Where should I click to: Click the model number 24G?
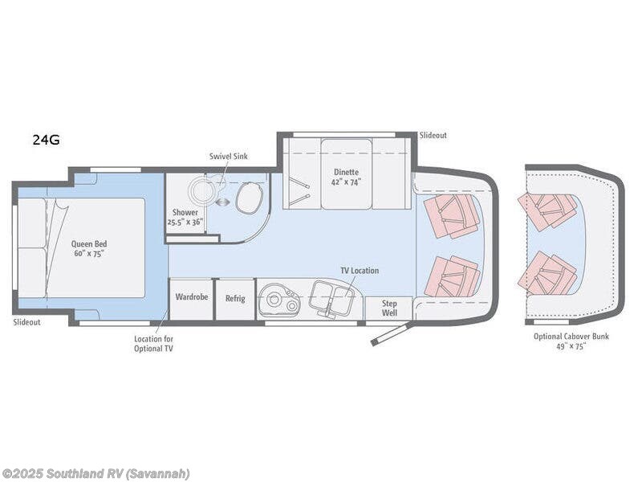coord(46,140)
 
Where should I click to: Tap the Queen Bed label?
coord(89,248)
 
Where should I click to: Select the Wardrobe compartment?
coord(191,297)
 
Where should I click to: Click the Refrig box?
coord(235,298)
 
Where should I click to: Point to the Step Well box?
coord(389,308)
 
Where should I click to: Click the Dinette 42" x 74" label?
coord(347,176)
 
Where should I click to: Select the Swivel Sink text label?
coord(229,156)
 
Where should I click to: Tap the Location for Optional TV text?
coord(152,343)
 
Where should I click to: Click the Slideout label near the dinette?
coord(433,136)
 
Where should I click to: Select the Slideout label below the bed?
coord(26,321)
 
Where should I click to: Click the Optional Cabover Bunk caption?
coord(571,341)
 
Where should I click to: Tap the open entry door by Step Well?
coord(392,333)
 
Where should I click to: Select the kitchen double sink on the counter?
coord(331,298)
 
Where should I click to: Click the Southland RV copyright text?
coord(95,473)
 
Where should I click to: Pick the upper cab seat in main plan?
coord(452,215)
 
